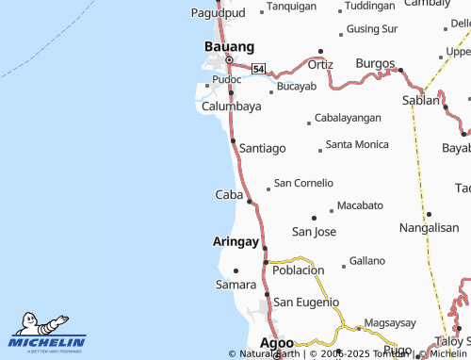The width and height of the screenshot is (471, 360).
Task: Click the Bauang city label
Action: [x=230, y=46]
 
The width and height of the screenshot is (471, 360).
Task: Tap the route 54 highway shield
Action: [x=258, y=69]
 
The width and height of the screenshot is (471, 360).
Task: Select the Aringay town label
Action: [x=235, y=241]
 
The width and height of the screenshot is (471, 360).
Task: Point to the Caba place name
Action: [x=229, y=194]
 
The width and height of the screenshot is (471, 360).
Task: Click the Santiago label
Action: [x=263, y=148]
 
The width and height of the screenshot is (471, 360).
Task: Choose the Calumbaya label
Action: [x=232, y=106]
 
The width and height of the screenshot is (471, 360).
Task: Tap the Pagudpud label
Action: [x=217, y=13]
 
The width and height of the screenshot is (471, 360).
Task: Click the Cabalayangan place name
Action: [x=348, y=118]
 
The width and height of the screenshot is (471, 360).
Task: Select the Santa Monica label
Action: [x=357, y=144]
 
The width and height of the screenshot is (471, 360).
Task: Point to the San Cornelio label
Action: [x=303, y=183]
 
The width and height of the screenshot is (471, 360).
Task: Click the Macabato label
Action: [x=360, y=205]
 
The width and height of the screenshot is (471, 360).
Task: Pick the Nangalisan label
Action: [x=429, y=228]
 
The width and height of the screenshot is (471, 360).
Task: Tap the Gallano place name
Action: [x=367, y=260]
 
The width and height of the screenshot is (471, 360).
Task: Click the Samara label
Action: [x=235, y=284]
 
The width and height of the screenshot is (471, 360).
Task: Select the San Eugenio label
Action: [x=306, y=302]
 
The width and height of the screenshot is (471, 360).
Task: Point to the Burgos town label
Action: [x=375, y=63]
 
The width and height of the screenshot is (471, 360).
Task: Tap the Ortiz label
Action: [x=320, y=64]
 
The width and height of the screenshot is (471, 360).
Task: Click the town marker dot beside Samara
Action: [x=235, y=270]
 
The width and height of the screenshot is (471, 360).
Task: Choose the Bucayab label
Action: [x=297, y=87]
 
